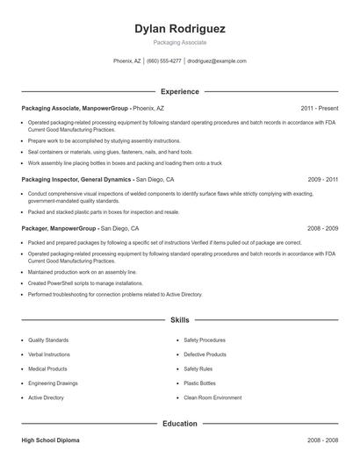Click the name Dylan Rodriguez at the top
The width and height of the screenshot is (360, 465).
179,29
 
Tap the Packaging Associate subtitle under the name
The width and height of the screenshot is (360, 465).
179,42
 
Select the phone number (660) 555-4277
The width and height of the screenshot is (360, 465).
164,61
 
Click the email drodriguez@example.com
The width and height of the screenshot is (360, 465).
217,61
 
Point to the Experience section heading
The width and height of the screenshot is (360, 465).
180,91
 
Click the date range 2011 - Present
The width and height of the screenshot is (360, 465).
319,108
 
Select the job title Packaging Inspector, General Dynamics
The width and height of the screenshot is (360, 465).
77,179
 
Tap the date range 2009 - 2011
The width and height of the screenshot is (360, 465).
322,179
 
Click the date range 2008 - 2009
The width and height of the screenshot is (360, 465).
322,228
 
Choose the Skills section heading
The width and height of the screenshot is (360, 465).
180,320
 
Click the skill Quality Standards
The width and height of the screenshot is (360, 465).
49,340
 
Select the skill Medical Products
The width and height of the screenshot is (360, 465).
47,368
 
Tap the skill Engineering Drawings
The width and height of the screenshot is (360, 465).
53,383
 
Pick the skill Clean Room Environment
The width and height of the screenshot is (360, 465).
212,397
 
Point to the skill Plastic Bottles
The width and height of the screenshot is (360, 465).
199,383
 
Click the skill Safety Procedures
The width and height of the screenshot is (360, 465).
205,340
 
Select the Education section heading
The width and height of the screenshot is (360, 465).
180,423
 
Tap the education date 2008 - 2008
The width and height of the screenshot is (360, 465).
322,440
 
